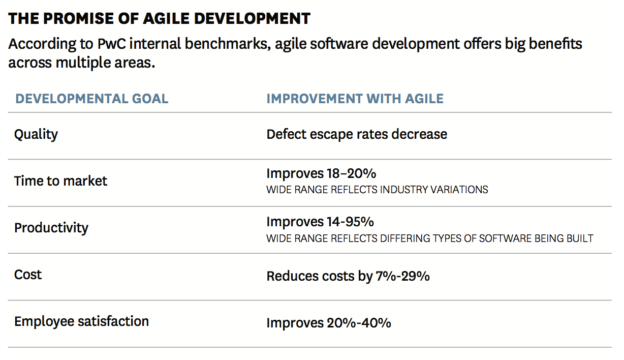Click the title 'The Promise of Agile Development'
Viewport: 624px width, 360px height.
pyautogui.click(x=159, y=19)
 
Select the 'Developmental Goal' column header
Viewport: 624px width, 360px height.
pyautogui.click(x=91, y=99)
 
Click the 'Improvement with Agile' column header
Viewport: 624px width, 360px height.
pyautogui.click(x=355, y=99)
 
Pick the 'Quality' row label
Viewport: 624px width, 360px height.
pyautogui.click(x=36, y=135)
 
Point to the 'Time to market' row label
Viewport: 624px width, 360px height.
pyautogui.click(x=60, y=181)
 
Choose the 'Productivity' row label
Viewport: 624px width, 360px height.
pyautogui.click(x=51, y=228)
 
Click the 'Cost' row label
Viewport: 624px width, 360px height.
pyautogui.click(x=28, y=275)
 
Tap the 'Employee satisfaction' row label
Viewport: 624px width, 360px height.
pyautogui.click(x=81, y=321)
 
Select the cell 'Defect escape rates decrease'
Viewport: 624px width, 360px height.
pyautogui.click(x=357, y=134)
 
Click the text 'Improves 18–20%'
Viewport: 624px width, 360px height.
pyautogui.click(x=321, y=173)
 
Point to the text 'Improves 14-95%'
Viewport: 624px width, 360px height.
pyautogui.click(x=320, y=222)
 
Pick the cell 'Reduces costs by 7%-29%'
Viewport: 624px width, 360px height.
pyautogui.click(x=348, y=276)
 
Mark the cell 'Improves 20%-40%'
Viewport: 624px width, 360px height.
pyautogui.click(x=329, y=323)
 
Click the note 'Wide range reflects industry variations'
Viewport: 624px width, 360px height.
pyautogui.click(x=377, y=190)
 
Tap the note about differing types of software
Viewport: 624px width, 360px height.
pyautogui.click(x=429, y=238)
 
